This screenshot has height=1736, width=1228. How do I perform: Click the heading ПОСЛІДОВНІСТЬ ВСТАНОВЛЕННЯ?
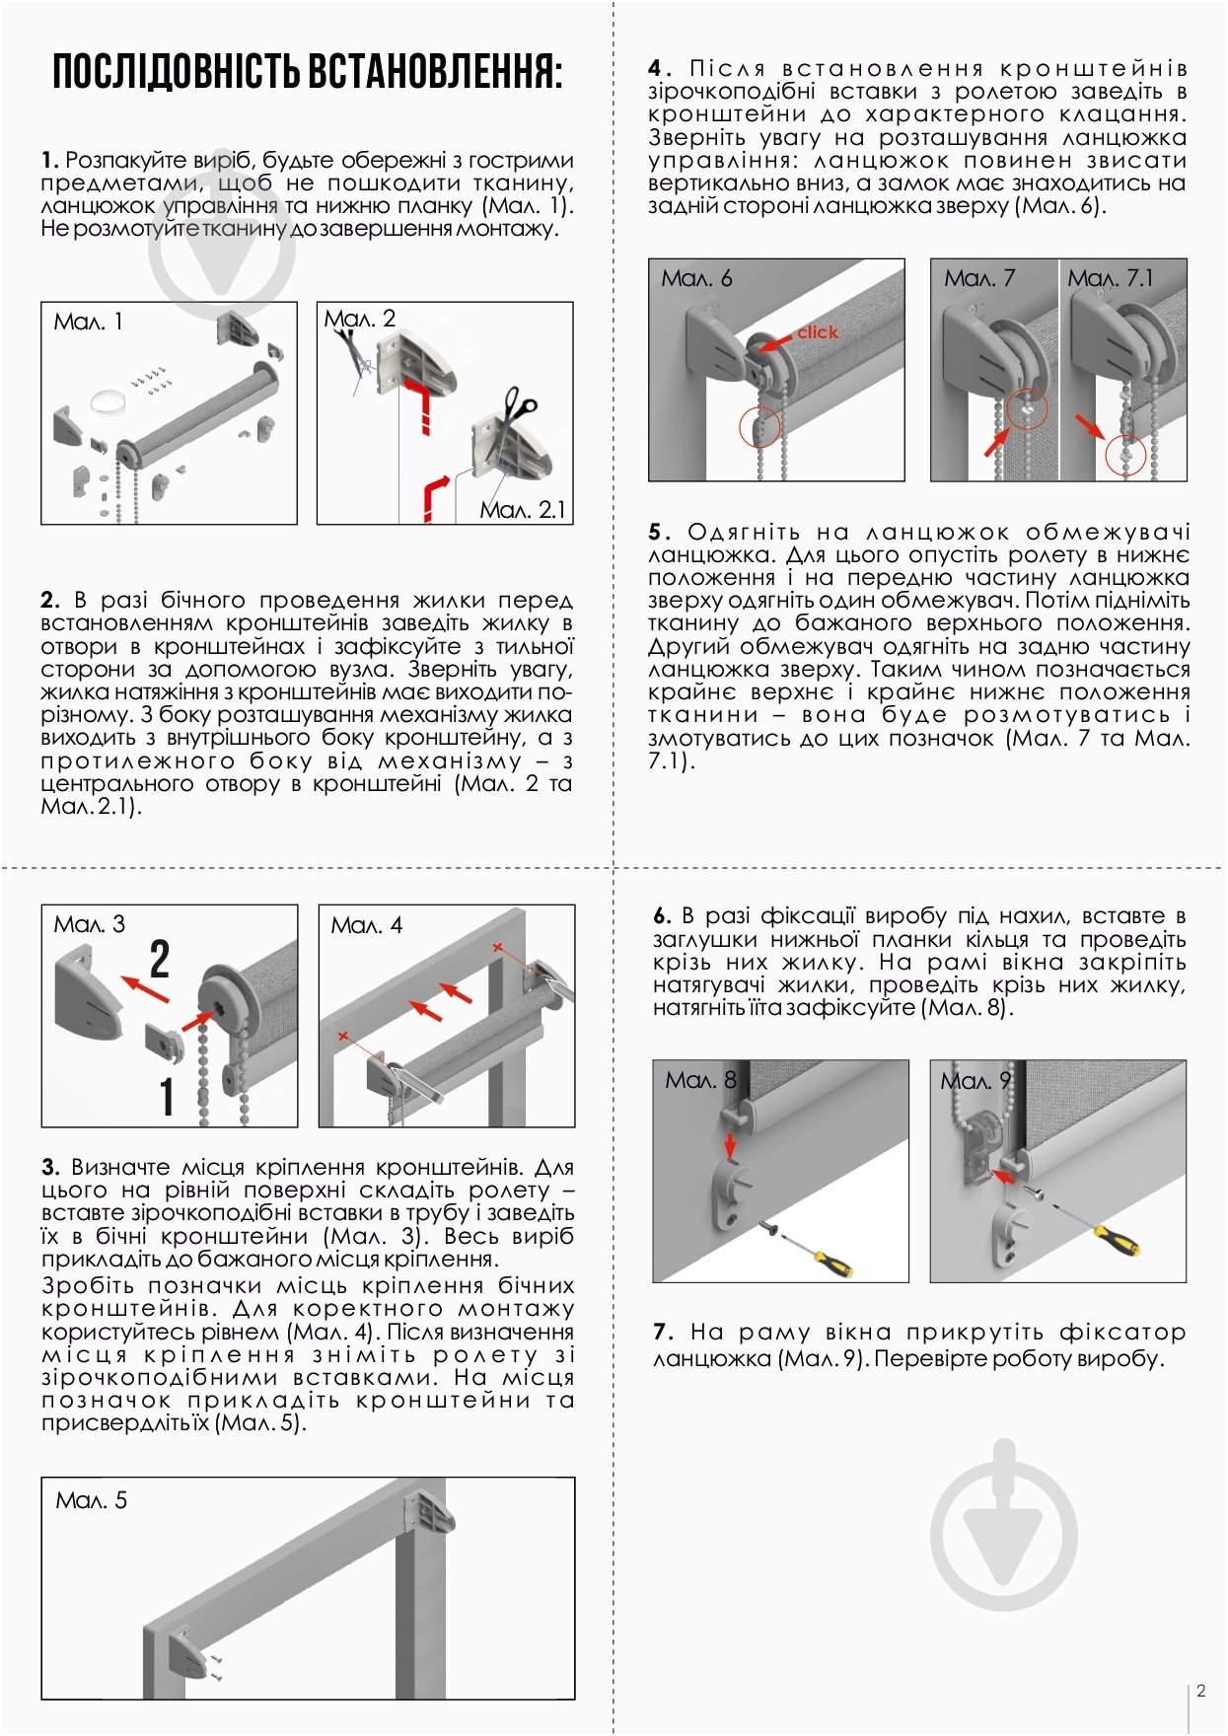pos(307,72)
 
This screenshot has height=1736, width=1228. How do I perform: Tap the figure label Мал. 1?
pos(89,322)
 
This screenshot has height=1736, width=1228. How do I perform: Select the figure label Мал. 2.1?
pos(523,509)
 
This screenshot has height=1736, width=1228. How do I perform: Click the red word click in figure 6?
pos(818,332)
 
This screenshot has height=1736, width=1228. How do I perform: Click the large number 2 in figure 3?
pos(160,960)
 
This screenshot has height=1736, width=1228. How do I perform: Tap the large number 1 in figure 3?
pos(168,1096)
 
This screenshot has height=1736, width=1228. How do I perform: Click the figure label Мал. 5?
pos(92,1500)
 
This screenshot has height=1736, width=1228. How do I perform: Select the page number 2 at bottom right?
pos(1200,1691)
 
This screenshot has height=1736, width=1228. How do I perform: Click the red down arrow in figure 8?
pos(730,1145)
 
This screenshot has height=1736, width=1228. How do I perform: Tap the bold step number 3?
pos(50,1168)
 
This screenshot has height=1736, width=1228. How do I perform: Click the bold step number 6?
pos(662,916)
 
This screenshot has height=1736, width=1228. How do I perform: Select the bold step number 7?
pos(662,1333)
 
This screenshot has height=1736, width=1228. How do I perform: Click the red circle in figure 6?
pos(759,427)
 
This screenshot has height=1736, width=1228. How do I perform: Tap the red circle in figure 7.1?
pos(1125,455)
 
